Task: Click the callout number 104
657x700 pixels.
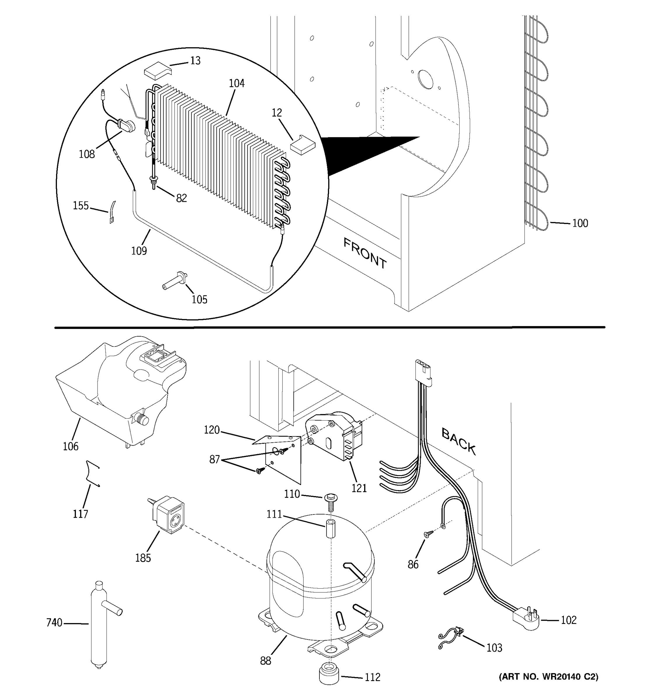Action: coord(237,83)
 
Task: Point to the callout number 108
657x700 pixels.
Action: coord(87,154)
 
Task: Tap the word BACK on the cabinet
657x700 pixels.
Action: coord(458,442)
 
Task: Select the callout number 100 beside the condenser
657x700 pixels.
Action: coord(580,223)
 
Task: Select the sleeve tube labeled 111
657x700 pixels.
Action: coord(330,528)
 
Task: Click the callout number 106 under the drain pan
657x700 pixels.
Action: coord(70,447)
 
